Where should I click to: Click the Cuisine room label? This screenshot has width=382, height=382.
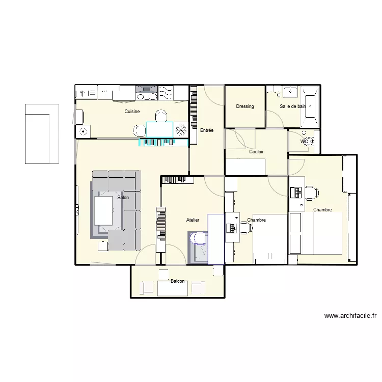132,112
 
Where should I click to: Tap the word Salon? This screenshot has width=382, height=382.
123,198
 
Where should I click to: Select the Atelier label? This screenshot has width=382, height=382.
193,220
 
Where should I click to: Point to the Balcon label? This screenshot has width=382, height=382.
178,281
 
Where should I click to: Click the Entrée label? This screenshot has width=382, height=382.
207,131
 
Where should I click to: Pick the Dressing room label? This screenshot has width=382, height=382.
245,106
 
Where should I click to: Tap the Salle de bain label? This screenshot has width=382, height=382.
293,106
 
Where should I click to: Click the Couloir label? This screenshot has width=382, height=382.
256,152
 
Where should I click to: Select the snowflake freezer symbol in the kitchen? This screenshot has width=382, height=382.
180,129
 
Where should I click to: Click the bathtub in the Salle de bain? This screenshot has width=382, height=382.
310,106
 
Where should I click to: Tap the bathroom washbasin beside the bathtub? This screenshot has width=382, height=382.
291,92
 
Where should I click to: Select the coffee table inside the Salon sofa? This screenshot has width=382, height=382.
104,210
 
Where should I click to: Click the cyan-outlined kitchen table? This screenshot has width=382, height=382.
159,130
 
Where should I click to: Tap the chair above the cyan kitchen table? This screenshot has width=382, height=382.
161,116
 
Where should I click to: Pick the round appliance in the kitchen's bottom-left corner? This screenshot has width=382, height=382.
83,131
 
